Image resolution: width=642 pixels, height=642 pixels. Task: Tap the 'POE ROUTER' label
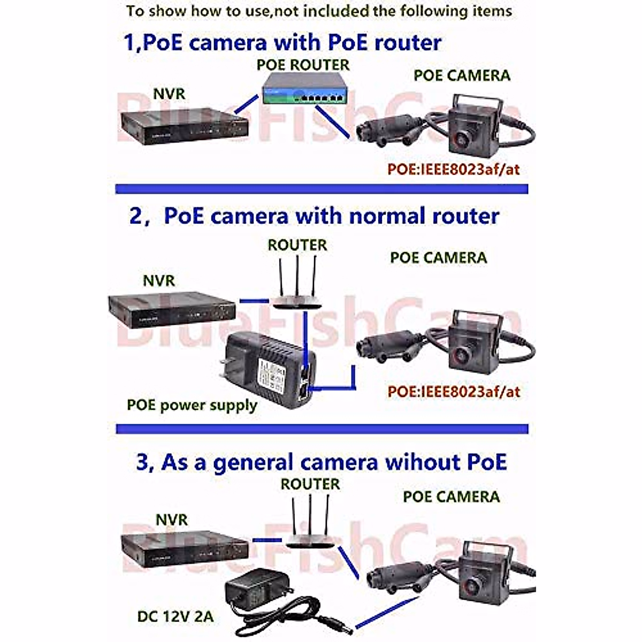[x=303, y=65]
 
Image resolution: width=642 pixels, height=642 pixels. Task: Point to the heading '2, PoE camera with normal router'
[x=314, y=216]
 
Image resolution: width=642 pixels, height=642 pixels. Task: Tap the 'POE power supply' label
[x=192, y=405]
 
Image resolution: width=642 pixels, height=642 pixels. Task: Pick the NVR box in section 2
[x=172, y=309]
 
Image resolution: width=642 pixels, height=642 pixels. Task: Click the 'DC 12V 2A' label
[x=175, y=616]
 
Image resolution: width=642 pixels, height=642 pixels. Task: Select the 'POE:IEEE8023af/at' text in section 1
[x=454, y=170]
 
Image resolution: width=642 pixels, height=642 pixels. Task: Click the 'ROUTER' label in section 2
[x=297, y=245]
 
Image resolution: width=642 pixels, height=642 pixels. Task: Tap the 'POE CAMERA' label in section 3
[x=451, y=496]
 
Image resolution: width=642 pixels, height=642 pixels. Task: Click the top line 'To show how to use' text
[x=319, y=11]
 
